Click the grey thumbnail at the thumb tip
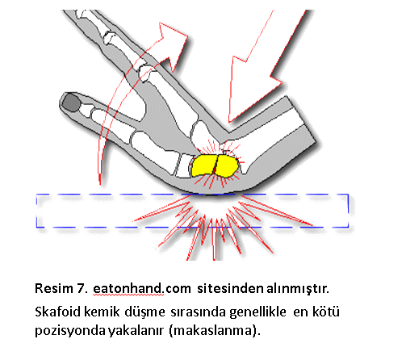71,103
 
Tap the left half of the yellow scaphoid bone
203,165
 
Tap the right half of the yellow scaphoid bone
226,166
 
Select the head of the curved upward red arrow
172,43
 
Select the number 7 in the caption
82,288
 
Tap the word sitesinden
230,288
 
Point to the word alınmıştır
298,288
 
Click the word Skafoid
57,312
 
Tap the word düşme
144,312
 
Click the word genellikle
257,312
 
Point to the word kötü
326,312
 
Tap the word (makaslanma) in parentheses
215,331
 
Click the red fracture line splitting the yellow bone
216,165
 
